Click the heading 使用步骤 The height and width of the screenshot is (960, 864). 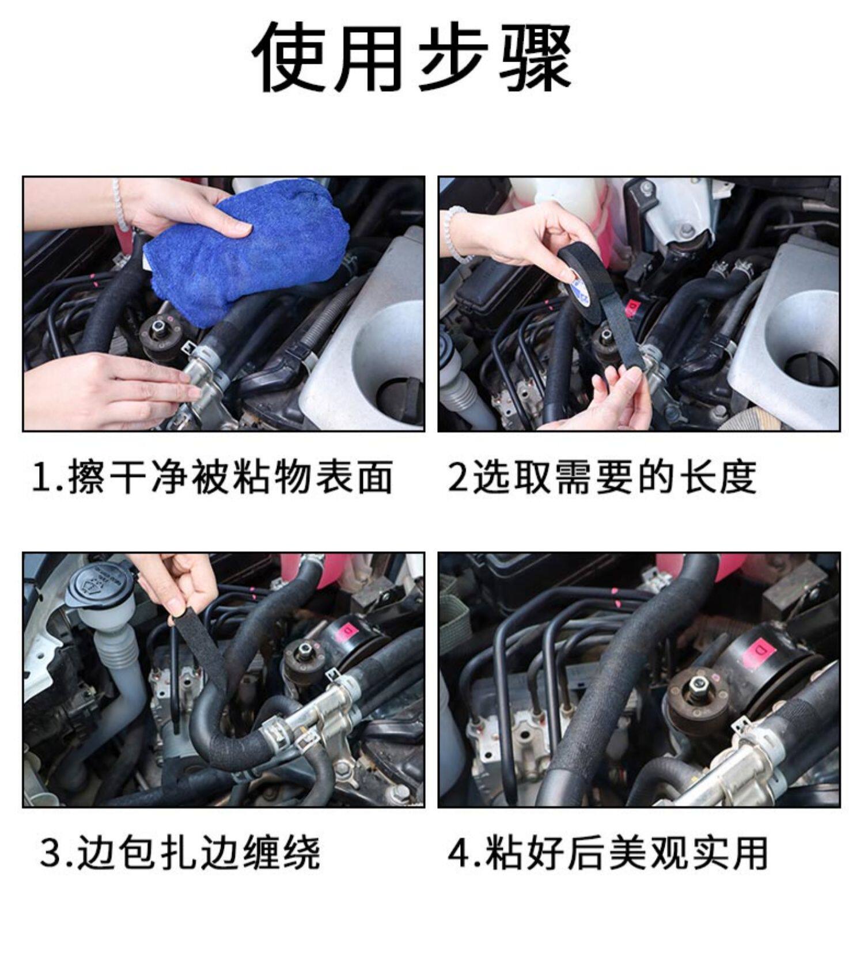pyautogui.click(x=412, y=58)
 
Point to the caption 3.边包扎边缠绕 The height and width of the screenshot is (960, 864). pyautogui.click(x=180, y=853)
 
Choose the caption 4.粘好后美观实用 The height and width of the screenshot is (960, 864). pyautogui.click(x=608, y=853)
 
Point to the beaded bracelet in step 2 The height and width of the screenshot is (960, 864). pyautogui.click(x=458, y=233)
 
